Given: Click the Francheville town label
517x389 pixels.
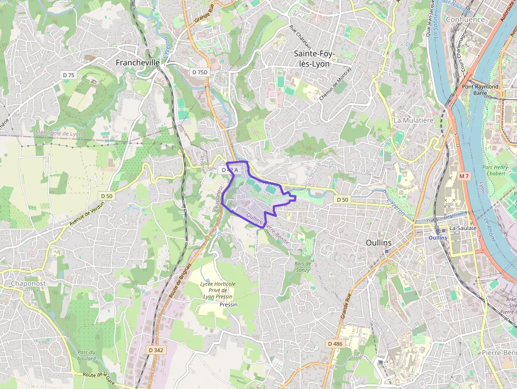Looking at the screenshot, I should pyautogui.click(x=138, y=62).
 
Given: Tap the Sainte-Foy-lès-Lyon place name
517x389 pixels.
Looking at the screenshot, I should pyautogui.click(x=312, y=59).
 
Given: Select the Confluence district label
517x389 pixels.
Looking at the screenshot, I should pyautogui.click(x=465, y=20).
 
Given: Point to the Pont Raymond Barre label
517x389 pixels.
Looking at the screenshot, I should pyautogui.click(x=480, y=90).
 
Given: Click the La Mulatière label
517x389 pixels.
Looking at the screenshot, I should pyautogui.click(x=413, y=120).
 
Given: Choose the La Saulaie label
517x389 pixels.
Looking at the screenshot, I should pyautogui.click(x=463, y=228).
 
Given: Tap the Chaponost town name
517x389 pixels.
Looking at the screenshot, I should pyautogui.click(x=28, y=283).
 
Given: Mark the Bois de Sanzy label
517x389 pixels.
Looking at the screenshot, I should pyautogui.click(x=303, y=267).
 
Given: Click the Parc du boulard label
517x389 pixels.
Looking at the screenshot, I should pyautogui.click(x=86, y=355).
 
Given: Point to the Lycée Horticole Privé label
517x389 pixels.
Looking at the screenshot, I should pyautogui.click(x=217, y=290).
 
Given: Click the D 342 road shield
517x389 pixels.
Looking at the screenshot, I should pyautogui.click(x=156, y=350).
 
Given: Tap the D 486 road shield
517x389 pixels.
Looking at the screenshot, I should pyautogui.click(x=335, y=344).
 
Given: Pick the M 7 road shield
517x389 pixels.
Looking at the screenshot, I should pyautogui.click(x=464, y=176).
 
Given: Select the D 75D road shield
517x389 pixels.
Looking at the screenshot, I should pyautogui.click(x=200, y=72).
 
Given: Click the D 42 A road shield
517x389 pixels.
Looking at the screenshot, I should pyautogui.click(x=231, y=170).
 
